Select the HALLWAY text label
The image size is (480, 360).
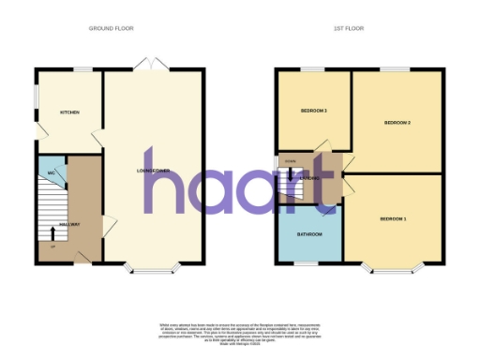69,224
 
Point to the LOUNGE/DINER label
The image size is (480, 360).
152,171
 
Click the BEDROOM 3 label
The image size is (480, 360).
313,111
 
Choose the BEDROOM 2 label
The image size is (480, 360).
398,123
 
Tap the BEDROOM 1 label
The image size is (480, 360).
393,218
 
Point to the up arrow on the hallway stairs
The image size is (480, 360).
51,232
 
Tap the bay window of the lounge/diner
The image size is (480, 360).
152,272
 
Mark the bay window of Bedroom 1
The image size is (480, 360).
393,272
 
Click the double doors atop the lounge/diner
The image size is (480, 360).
152,64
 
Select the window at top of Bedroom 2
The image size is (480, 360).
394,69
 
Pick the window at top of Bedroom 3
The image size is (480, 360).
312,69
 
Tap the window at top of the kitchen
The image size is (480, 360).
83,69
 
